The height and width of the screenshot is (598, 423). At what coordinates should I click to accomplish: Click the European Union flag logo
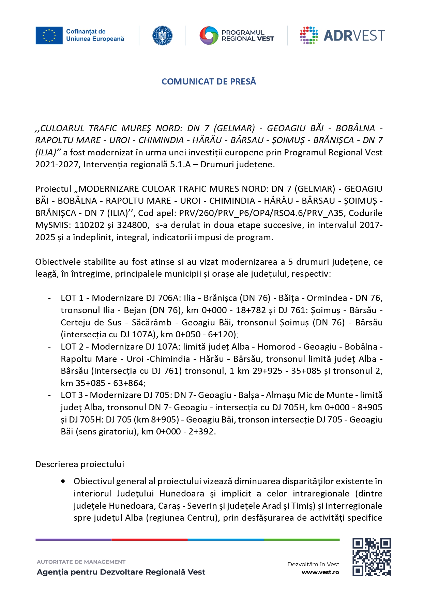click(x=49, y=35)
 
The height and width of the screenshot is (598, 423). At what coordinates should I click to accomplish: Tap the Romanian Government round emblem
click(x=162, y=35)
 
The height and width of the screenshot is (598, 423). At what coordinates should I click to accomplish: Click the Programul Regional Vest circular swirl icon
click(x=209, y=35)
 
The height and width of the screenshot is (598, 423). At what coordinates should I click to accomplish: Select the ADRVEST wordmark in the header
click(x=354, y=35)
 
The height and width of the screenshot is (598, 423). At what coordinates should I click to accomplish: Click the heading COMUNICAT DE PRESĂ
click(x=209, y=81)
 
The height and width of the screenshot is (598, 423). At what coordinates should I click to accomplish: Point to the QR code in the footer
click(x=372, y=557)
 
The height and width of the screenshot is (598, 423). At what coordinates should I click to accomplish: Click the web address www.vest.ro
click(x=320, y=572)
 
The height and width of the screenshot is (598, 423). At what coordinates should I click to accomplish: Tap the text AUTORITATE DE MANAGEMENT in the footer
click(x=81, y=562)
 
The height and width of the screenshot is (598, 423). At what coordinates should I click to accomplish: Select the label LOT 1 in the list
click(x=72, y=298)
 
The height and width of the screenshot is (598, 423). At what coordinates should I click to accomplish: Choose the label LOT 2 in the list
click(x=72, y=347)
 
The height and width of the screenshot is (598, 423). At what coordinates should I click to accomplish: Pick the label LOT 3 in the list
click(x=72, y=395)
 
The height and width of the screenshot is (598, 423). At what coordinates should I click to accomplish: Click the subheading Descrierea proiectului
click(x=80, y=464)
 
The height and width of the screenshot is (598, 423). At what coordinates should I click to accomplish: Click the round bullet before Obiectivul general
click(x=63, y=481)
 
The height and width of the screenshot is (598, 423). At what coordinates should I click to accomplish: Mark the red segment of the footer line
click(x=149, y=540)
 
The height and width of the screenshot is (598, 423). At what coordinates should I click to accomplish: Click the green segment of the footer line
click(x=302, y=540)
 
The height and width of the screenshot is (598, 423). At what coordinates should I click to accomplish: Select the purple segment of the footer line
click(x=73, y=540)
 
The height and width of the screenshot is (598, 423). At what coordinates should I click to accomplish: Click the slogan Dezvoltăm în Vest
click(x=313, y=564)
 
